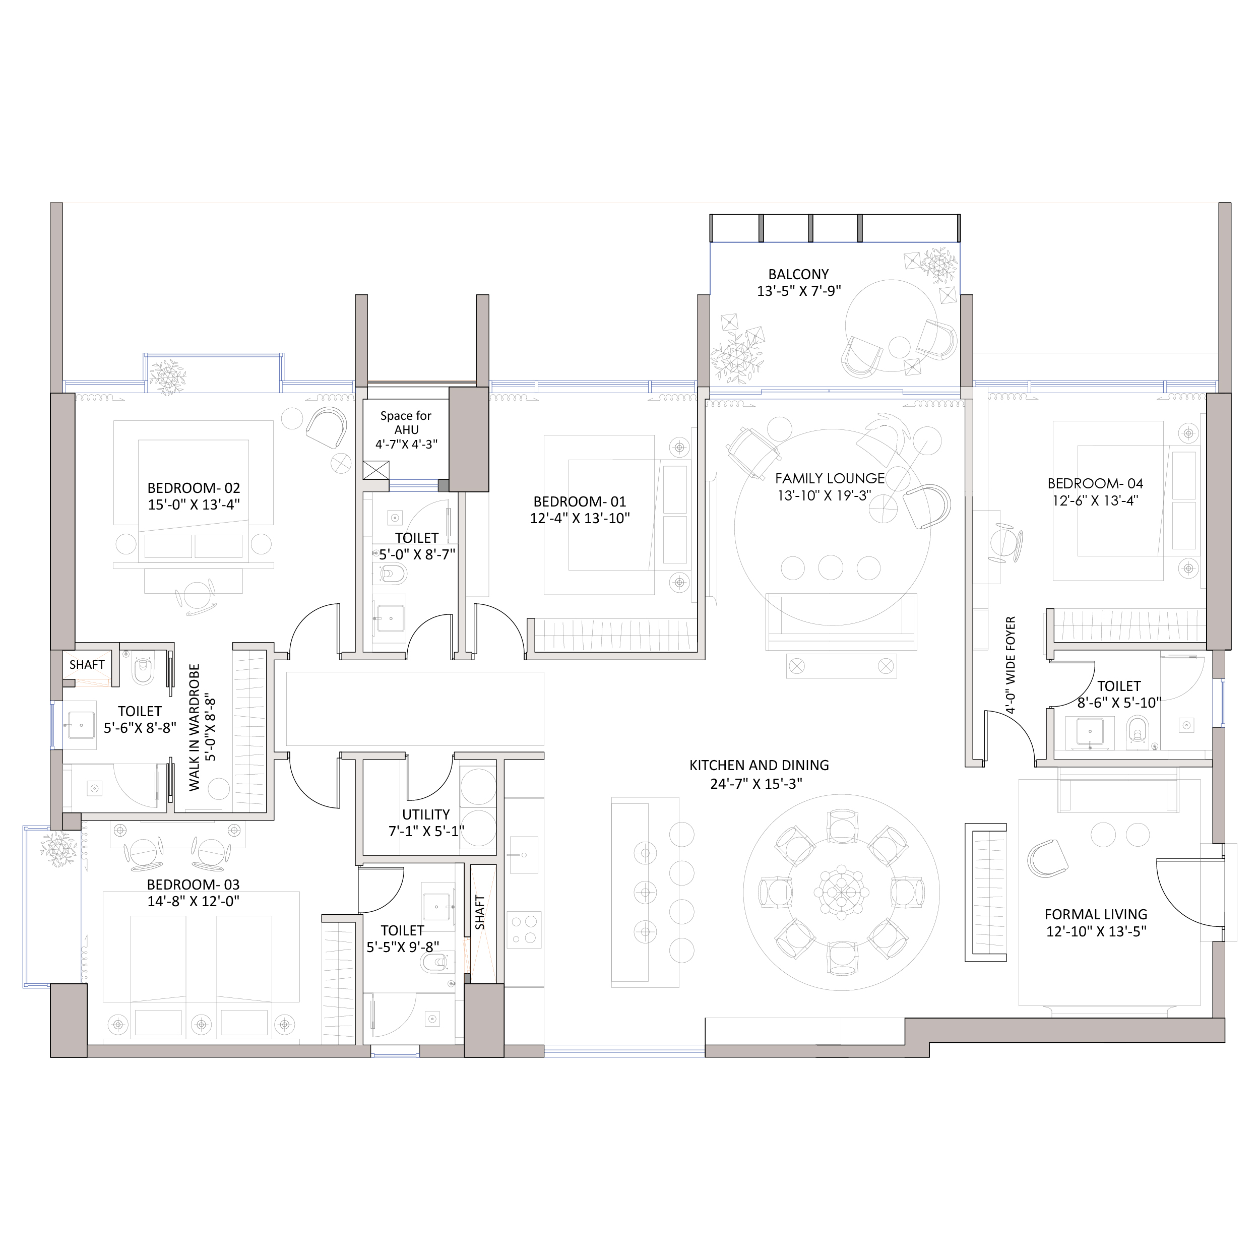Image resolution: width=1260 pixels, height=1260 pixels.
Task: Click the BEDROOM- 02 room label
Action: click(x=194, y=488)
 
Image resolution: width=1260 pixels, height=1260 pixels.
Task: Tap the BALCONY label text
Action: click(x=798, y=275)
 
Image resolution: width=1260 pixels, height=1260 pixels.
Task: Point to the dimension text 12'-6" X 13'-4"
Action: click(x=1095, y=501)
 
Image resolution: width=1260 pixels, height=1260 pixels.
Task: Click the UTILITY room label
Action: click(x=426, y=814)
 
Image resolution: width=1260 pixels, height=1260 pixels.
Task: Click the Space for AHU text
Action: click(x=406, y=423)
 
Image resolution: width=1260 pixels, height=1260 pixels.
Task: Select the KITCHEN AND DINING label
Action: click(x=759, y=765)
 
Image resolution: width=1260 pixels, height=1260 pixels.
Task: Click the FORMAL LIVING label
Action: click(x=1096, y=914)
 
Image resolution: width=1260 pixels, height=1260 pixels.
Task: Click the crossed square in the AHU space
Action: click(x=375, y=470)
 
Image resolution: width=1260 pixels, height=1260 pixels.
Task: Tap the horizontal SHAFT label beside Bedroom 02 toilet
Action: click(x=87, y=665)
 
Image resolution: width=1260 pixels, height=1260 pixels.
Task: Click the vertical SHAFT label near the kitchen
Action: click(x=480, y=912)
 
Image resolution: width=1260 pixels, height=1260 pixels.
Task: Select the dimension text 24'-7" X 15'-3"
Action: click(x=757, y=783)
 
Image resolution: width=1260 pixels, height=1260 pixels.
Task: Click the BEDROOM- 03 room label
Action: click(x=193, y=885)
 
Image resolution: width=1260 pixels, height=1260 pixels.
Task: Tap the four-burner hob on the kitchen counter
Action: click(x=524, y=930)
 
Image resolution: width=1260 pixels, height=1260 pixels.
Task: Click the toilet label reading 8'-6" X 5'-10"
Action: click(x=1119, y=703)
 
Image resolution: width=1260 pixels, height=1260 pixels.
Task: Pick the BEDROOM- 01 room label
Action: click(x=580, y=501)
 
